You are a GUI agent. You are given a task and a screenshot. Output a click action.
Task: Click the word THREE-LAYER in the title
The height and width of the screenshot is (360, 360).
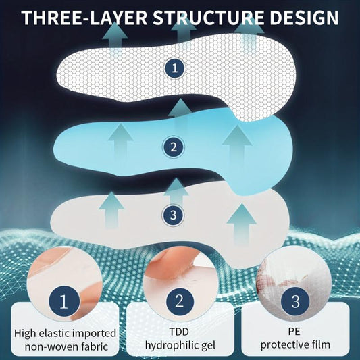click(84, 18)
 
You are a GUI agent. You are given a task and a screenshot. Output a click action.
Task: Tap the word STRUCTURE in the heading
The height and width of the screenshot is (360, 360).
click(208, 18)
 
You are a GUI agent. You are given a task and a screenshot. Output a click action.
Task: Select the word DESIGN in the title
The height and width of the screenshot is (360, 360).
click(304, 18)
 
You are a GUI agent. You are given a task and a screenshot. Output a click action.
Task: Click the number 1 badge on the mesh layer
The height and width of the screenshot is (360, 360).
click(174, 68)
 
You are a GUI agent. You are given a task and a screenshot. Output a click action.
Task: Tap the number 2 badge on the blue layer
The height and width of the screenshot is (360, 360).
click(174, 147)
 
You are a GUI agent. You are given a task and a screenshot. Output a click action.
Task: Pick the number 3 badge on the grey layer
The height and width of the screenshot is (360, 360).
click(173, 215)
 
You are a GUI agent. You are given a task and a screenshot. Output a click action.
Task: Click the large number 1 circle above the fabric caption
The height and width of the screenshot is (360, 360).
click(64, 301)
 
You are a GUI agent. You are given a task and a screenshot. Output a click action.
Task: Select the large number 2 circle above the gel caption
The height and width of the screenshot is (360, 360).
click(180, 301)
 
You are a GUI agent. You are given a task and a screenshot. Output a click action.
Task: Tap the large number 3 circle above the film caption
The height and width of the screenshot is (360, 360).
click(295, 301)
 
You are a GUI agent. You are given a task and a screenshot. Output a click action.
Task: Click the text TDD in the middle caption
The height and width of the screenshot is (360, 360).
click(179, 332)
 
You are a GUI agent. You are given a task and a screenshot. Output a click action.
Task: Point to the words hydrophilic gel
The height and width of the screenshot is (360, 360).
click(180, 346)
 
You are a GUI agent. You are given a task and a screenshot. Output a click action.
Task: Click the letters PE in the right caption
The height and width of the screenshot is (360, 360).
click(294, 332)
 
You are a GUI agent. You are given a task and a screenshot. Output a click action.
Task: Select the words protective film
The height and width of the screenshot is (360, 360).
click(295, 345)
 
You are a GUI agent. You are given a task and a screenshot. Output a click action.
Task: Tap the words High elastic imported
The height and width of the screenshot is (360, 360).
click(65, 334)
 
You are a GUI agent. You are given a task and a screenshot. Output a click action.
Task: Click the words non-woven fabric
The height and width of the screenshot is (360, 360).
click(66, 346)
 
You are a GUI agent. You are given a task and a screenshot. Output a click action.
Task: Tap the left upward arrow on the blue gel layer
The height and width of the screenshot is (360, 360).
click(120, 140)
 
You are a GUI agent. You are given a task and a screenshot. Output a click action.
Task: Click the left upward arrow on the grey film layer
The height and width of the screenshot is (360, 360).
click(111, 210)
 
